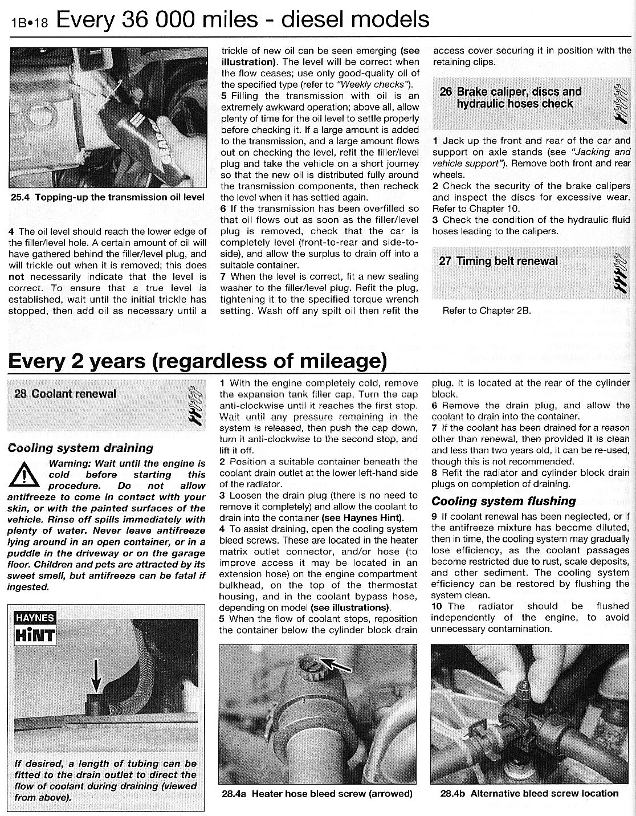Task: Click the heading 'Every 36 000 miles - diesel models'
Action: click(243, 20)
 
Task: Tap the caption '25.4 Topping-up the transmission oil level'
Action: click(108, 198)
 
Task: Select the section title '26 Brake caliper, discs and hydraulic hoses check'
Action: click(511, 97)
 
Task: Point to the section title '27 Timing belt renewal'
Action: click(499, 262)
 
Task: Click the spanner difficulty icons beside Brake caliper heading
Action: click(618, 103)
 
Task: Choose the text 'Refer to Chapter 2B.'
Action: click(487, 311)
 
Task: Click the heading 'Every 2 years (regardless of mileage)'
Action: click(197, 360)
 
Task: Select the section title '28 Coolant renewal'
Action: click(65, 394)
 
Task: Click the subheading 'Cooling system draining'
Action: click(80, 448)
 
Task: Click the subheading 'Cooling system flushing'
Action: click(504, 501)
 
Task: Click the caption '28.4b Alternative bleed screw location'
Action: click(529, 793)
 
